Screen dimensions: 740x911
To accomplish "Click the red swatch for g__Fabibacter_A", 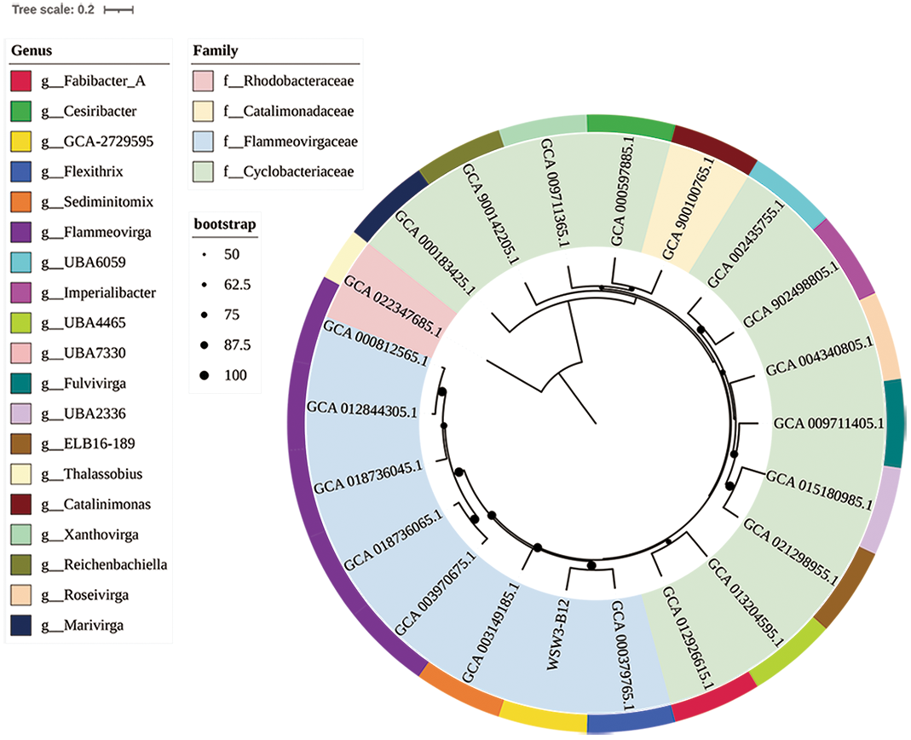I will tap(21, 81).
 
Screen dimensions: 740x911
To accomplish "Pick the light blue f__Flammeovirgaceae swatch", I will tap(204, 142).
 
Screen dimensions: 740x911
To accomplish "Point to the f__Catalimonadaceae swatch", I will tap(204, 112).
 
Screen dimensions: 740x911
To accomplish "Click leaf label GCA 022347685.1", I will tap(393, 304).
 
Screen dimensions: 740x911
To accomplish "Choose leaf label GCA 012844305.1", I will tap(362, 413).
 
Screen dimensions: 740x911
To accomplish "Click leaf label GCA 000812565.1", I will tap(375, 344).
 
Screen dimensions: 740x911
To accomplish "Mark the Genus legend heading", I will tap(32, 51).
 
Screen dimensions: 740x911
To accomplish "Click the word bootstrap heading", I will tap(225, 225).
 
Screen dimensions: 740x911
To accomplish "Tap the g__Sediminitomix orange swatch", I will tap(21, 202).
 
